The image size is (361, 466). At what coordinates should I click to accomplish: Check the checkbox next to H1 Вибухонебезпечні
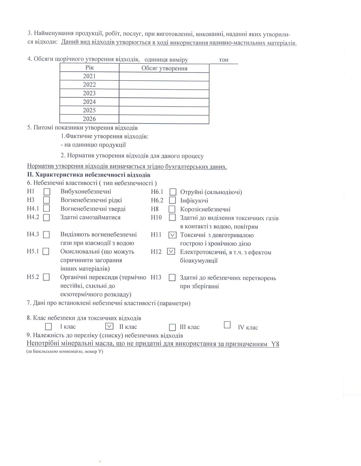[47, 192]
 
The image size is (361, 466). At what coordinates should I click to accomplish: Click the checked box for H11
[172, 235]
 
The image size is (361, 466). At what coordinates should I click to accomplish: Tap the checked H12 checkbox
[171, 251]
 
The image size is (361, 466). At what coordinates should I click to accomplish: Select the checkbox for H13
[172, 278]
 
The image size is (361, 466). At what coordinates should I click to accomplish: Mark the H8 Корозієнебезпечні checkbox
[172, 209]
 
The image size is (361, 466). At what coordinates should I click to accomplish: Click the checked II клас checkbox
[109, 326]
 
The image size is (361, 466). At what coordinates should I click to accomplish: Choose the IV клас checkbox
[227, 325]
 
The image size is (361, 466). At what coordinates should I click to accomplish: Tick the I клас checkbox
[48, 327]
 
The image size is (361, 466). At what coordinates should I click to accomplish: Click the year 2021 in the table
[89, 76]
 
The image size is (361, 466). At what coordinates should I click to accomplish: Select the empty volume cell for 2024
[164, 102]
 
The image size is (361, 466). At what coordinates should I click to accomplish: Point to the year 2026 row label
[89, 119]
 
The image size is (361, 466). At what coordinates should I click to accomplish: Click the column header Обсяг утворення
[164, 68]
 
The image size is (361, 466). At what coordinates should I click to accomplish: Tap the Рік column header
[89, 68]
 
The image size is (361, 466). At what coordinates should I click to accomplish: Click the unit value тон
[224, 60]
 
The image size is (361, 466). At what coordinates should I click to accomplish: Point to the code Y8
[275, 344]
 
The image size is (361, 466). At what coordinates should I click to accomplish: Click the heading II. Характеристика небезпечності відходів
[89, 175]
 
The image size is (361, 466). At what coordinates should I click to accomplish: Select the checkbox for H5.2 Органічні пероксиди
[46, 277]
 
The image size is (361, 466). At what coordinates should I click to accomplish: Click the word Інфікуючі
[194, 200]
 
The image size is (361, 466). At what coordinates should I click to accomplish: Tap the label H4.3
[33, 234]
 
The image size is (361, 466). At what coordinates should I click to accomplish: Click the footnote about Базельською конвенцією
[65, 352]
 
